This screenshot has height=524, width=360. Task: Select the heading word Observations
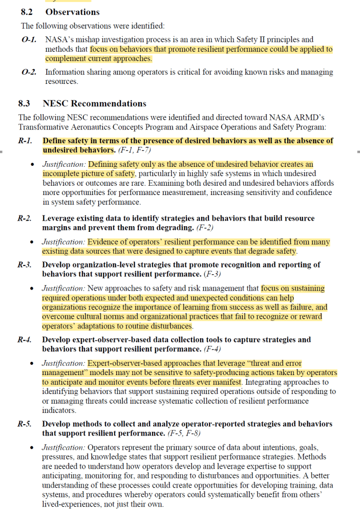coord(72,12)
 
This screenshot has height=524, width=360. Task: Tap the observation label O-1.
coord(29,39)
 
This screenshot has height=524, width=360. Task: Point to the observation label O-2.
coord(29,72)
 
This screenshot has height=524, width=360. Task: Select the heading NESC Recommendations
coord(95,103)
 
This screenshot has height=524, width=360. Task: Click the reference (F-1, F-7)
coord(134,150)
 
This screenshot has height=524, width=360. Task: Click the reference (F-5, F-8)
coord(186,434)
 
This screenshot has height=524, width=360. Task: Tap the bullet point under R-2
coord(33,242)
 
